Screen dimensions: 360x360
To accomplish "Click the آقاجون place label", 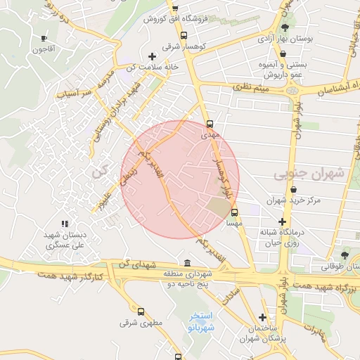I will coord(44,50).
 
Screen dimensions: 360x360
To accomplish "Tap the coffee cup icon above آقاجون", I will coord(44,39).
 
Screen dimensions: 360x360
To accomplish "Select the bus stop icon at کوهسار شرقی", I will coord(184,35).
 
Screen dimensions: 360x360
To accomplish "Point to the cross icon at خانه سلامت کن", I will coord(152,56).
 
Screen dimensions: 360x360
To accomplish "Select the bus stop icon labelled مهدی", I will coord(209,124).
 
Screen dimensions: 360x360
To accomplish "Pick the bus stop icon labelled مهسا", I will coord(234,212).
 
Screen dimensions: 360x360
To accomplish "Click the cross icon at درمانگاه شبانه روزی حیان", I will coord(282,222).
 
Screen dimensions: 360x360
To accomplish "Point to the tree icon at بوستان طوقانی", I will coord(344,255).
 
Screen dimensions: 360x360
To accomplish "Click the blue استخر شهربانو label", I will coord(202,323).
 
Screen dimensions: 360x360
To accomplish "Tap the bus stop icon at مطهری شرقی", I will coord(141,311).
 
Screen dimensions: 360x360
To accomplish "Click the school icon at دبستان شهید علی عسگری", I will coord(65,224).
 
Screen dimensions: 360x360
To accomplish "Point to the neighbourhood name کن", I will coord(97,171).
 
